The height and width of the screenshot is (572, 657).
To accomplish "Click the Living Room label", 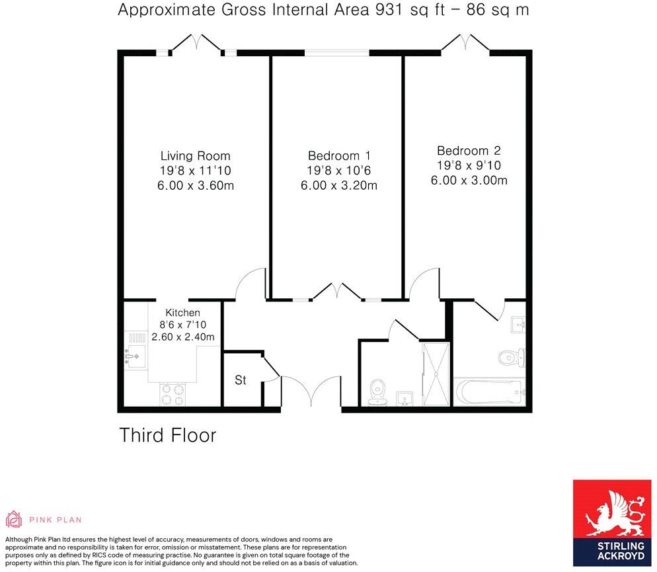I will [195, 156].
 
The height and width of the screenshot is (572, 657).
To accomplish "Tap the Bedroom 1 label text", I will [338, 156].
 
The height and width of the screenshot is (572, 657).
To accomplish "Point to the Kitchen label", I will [182, 312].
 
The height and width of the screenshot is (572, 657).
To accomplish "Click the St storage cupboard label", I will [241, 380].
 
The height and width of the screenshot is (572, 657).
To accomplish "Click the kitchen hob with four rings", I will [173, 395].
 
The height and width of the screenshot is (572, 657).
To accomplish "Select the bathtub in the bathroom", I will [488, 393].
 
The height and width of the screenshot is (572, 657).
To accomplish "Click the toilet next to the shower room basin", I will [378, 389].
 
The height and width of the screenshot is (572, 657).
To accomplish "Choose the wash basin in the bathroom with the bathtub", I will [518, 324].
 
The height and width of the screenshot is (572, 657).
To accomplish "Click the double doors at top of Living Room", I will [196, 44].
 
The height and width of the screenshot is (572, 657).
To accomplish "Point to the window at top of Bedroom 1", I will [337, 52].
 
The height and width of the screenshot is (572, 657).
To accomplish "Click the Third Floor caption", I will [167, 435].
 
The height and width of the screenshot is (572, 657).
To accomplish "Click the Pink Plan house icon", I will [13, 519].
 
